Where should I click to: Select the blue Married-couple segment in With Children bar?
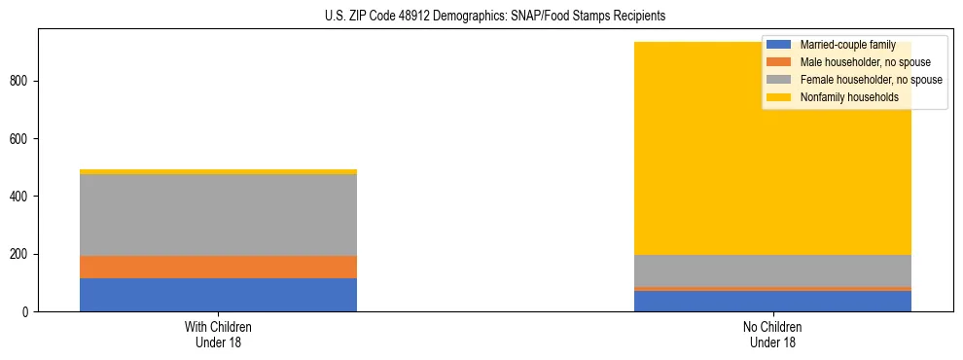[x=218, y=294]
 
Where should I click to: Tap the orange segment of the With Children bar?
[x=218, y=267]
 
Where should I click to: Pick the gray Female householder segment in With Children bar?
[x=218, y=215]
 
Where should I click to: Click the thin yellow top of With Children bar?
[x=218, y=171]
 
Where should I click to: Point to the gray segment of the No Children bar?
[x=772, y=270]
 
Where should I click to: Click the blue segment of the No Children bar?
[x=772, y=301]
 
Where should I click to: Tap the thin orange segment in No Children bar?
[x=772, y=288]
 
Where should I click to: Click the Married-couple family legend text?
[x=847, y=45]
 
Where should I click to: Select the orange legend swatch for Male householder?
[x=779, y=62]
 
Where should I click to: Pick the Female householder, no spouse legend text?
[x=871, y=80]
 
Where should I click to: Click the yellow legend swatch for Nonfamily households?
[x=779, y=97]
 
